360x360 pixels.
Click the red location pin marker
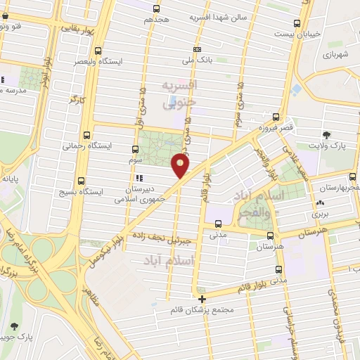coord(181,165)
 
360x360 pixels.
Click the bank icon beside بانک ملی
coord(198,49)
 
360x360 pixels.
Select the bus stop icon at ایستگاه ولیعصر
coord(98,50)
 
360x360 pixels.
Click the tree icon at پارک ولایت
coord(326,135)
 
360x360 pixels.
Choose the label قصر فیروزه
coord(274,129)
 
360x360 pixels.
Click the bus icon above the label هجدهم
coord(156,8)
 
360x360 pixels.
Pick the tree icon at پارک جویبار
coord(15,326)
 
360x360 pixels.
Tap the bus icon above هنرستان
coord(279,236)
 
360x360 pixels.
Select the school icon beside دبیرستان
coord(139,177)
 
